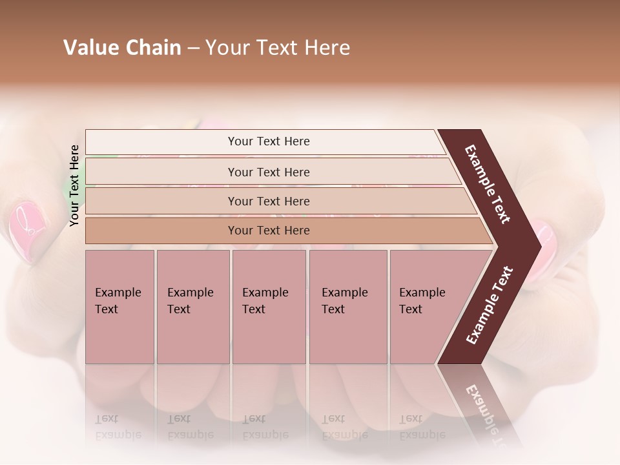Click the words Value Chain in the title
tap(122, 48)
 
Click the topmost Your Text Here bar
tap(268, 141)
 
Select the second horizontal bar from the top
tap(268, 172)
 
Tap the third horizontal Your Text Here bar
tap(268, 201)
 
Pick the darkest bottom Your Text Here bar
tap(268, 231)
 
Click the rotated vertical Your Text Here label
tap(74, 185)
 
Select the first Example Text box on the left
tap(119, 306)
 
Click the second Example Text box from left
tap(192, 306)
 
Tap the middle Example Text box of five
tap(269, 306)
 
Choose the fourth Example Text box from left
tap(348, 306)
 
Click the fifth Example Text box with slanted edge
tap(426, 306)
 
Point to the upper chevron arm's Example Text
tap(488, 184)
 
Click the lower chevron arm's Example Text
tap(490, 305)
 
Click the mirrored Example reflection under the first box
tap(118, 435)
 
